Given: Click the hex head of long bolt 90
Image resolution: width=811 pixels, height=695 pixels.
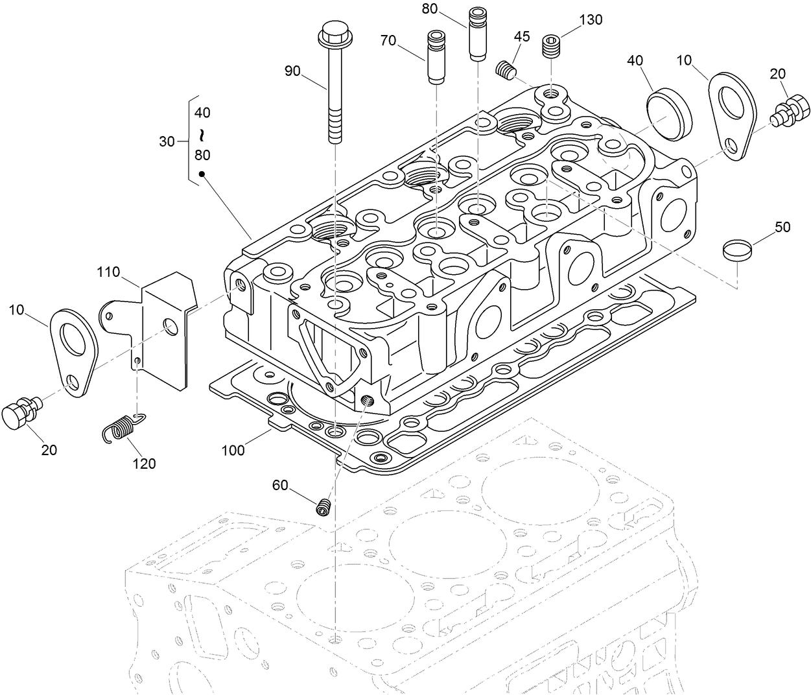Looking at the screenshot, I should click(x=333, y=32).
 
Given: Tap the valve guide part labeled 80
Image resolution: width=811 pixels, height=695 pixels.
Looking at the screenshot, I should click(x=478, y=34).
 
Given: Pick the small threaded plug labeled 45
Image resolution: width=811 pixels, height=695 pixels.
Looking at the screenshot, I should click(x=506, y=70).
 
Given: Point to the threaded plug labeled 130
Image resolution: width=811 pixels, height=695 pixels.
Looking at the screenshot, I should click(x=550, y=46).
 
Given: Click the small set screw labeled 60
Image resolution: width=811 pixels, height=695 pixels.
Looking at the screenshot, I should click(x=325, y=507).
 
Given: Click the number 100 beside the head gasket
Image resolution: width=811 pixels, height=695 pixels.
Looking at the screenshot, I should click(x=233, y=449).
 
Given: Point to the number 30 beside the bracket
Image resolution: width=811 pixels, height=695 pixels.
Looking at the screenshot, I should click(x=167, y=141).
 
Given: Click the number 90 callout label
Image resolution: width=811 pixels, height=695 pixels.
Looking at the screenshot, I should click(x=292, y=71).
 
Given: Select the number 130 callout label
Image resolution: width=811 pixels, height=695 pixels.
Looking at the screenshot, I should click(x=591, y=19).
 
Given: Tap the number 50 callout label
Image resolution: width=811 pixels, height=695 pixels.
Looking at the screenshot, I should click(x=782, y=228).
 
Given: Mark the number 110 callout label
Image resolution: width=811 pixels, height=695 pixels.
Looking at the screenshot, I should click(x=109, y=272).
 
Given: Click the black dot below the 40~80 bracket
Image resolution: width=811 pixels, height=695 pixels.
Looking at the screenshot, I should click(x=202, y=174).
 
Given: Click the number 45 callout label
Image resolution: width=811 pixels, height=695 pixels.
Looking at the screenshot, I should click(x=522, y=36).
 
